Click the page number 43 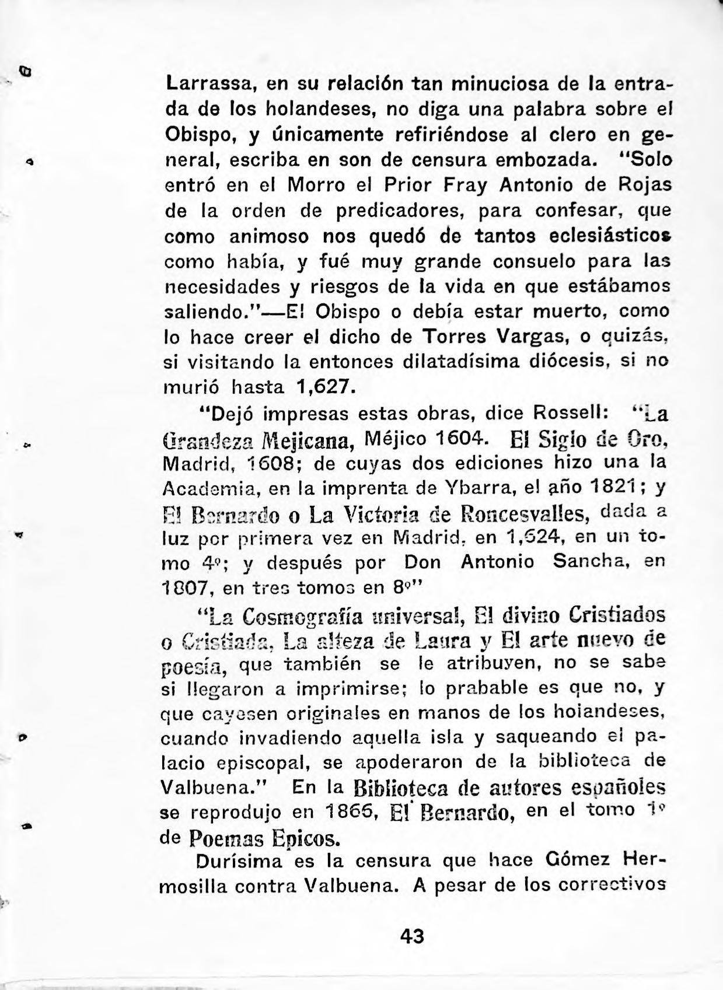[x=412, y=935]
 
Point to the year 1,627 [x=324, y=387]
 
